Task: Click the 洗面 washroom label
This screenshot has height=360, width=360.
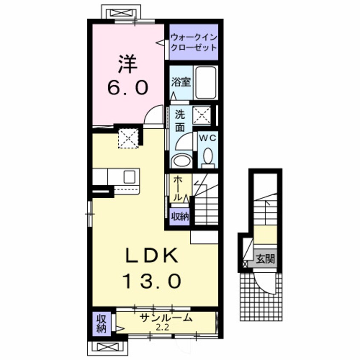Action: click(180, 120)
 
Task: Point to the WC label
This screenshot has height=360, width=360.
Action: click(207, 138)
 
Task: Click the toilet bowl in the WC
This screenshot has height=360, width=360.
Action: click(208, 157)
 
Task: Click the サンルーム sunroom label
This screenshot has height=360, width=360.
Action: click(166, 317)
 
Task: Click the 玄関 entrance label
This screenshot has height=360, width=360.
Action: click(264, 259)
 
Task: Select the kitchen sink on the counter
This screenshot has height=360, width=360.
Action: click(129, 176)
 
